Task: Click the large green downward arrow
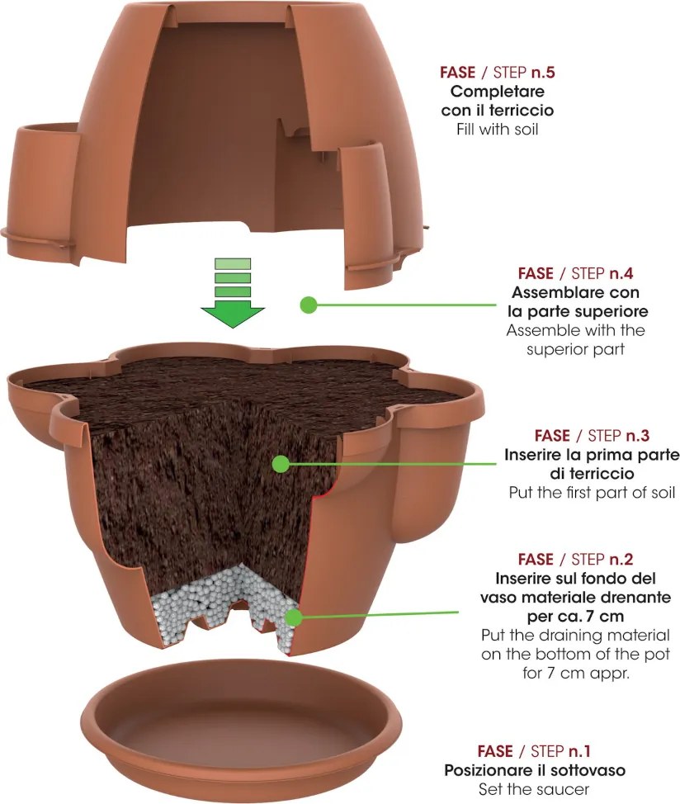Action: pos(233,293)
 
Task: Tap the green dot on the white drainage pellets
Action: pos(293,617)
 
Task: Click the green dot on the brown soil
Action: pos(281,464)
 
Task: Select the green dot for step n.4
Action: pos(309,305)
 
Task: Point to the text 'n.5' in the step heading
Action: pos(543,73)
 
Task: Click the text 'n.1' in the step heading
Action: pos(578,751)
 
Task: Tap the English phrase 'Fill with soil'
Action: pos(497,129)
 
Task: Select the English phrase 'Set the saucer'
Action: pos(534,788)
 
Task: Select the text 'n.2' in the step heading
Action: pos(621,559)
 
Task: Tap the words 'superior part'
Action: pos(575,350)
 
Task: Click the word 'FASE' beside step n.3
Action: pos(552,435)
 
